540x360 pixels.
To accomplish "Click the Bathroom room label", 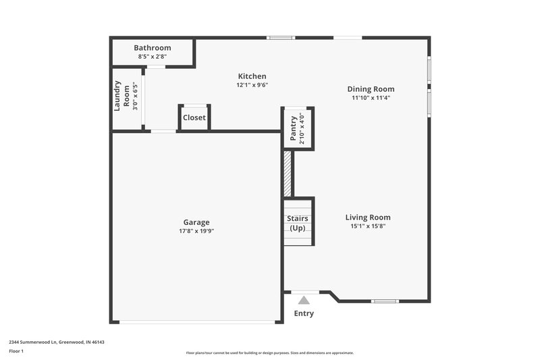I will (152, 48).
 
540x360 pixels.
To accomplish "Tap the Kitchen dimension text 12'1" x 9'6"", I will (252, 85).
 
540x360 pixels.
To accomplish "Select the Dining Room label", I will (371, 88).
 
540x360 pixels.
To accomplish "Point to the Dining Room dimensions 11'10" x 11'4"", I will (371, 97).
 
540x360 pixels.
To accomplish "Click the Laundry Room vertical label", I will (121, 96).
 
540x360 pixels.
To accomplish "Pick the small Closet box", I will (194, 118).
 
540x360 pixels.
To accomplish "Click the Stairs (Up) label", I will (298, 223).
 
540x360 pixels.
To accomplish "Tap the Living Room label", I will (368, 217).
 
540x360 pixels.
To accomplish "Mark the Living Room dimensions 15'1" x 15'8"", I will (368, 226).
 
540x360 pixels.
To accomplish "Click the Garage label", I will (196, 222).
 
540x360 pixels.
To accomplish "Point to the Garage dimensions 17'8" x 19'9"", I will (196, 231).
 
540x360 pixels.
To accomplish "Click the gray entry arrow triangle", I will (304, 300).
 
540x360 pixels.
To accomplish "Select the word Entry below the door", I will (304, 313).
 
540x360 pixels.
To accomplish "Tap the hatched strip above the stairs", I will (287, 174).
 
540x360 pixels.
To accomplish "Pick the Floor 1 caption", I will (17, 351).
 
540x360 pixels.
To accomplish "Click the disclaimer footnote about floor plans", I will (270, 353).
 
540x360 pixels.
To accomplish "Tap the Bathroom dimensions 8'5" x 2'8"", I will (152, 57).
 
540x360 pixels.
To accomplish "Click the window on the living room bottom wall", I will (385, 301).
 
